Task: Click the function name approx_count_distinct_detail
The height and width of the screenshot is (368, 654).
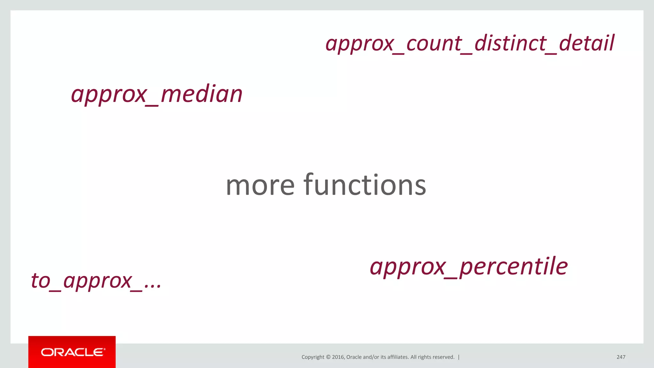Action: point(469,43)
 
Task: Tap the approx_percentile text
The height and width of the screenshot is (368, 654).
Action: point(468,266)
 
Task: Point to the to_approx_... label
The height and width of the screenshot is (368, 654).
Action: point(96,281)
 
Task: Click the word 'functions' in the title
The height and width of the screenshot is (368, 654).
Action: point(365,185)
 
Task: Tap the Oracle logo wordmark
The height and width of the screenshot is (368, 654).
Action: point(72,352)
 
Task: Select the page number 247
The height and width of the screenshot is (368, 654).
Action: point(621,357)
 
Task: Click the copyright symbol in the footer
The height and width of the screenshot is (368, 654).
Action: point(328,357)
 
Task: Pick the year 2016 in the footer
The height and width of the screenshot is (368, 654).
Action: point(338,357)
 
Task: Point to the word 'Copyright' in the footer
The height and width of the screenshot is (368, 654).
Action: point(313,357)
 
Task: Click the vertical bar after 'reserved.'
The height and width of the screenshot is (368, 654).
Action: point(459,357)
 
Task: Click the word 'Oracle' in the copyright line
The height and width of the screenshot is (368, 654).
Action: point(354,357)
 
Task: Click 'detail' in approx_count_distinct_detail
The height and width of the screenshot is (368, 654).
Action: point(587,43)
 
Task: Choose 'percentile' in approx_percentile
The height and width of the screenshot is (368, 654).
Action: point(513,266)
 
